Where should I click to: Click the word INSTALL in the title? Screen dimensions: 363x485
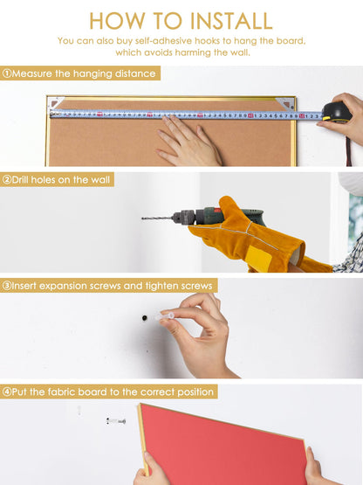click(231, 21)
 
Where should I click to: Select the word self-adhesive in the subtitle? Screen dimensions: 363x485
click(160, 41)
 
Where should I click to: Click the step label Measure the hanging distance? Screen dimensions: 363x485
click(84, 73)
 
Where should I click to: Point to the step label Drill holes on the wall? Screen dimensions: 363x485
click(61, 180)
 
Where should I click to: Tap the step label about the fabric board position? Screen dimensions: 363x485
click(113, 391)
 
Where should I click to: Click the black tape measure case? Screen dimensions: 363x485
click(337, 112)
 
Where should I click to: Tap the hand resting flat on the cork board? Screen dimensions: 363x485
click(188, 141)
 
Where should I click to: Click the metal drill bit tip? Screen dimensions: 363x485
click(142, 218)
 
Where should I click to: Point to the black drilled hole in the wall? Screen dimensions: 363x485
click(144, 318)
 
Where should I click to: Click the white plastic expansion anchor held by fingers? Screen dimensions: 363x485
click(164, 316)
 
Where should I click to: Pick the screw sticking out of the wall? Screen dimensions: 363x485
click(116, 421)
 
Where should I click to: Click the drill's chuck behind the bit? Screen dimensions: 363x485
click(183, 217)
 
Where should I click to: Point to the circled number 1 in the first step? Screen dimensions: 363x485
click(7, 73)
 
